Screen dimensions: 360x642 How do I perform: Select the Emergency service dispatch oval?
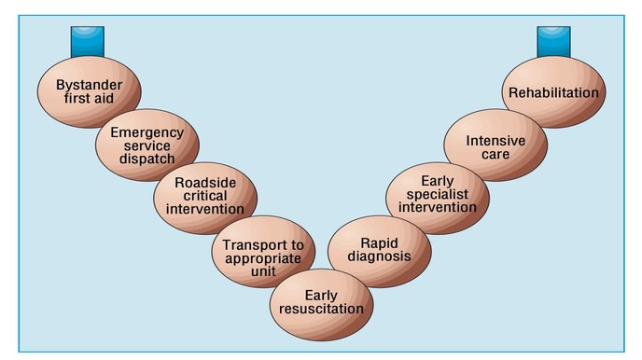pyautogui.click(x=147, y=145)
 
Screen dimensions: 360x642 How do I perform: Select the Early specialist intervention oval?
pyautogui.click(x=437, y=194)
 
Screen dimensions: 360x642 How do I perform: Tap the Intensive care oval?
pyautogui.click(x=495, y=145)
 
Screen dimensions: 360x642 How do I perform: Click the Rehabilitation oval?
pyautogui.click(x=553, y=92)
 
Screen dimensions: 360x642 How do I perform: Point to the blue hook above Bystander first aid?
pyautogui.click(x=88, y=42)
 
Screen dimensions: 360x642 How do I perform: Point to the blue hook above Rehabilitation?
pyautogui.click(x=553, y=42)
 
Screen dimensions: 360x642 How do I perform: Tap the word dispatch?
pyautogui.click(x=147, y=159)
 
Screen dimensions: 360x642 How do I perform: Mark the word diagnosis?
pyautogui.click(x=380, y=256)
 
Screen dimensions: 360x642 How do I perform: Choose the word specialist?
pyautogui.click(x=437, y=193)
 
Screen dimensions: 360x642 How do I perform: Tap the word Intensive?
pyautogui.click(x=495, y=139)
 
